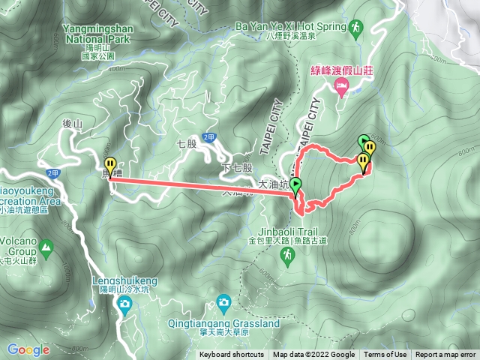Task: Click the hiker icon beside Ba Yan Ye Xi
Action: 354,28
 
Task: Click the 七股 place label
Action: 187,142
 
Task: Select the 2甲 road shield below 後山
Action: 52,173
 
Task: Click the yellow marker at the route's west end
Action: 110,166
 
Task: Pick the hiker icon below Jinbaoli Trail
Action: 288,256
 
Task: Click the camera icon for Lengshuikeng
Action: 124,303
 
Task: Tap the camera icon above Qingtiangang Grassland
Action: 223,303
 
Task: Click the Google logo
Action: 28,349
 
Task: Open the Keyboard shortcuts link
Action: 232,355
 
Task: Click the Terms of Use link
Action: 385,355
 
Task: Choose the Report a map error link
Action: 445,355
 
